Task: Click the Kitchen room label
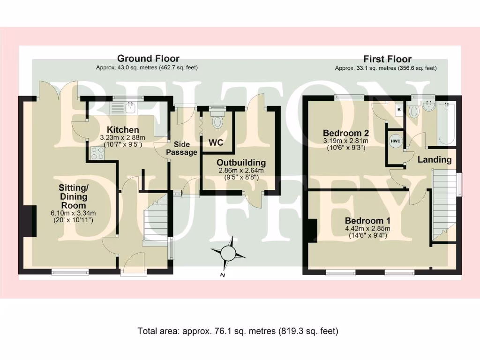click(x=123, y=129)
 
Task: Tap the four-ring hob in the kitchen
click(x=97, y=153)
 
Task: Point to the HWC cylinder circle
click(x=396, y=141)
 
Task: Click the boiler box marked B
click(x=399, y=110)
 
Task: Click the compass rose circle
click(x=228, y=253)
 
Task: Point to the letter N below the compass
click(x=223, y=275)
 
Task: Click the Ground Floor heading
click(x=148, y=58)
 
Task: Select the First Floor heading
click(x=387, y=59)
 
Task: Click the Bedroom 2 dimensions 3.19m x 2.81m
click(x=346, y=141)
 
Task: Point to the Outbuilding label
click(x=241, y=163)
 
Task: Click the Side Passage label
click(x=182, y=148)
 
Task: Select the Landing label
click(x=435, y=159)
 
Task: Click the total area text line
click(x=238, y=331)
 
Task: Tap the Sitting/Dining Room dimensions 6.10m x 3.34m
click(x=73, y=213)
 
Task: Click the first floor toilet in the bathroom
click(x=414, y=110)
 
